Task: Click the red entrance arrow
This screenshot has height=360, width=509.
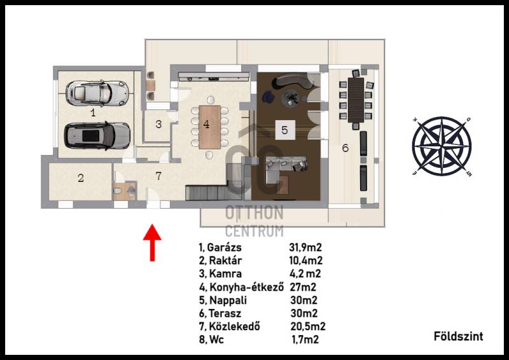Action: (x=152, y=242)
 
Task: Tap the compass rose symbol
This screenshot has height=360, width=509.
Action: (x=442, y=146)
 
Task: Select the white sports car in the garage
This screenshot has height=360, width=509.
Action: (x=97, y=93)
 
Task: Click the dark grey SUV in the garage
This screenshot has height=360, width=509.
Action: (x=97, y=136)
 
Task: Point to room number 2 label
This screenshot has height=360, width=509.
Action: (x=81, y=178)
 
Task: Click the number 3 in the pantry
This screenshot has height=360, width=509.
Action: (x=158, y=124)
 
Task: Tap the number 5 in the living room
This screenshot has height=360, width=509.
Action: (x=284, y=130)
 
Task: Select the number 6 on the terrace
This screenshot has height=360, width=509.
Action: (x=345, y=148)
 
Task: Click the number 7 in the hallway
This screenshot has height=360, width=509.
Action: (x=158, y=176)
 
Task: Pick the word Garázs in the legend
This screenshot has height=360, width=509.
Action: (x=225, y=247)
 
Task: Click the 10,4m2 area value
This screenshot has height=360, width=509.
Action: (x=306, y=261)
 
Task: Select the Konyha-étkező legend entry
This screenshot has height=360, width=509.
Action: (x=247, y=287)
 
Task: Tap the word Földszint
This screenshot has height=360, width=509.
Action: (x=458, y=336)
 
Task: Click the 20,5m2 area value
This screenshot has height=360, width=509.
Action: (x=308, y=326)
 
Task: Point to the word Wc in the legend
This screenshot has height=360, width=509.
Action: (x=216, y=340)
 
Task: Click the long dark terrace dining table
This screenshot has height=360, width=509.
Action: (x=356, y=100)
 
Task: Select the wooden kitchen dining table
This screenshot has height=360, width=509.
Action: (x=210, y=127)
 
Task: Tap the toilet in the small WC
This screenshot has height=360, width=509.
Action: (x=117, y=191)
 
